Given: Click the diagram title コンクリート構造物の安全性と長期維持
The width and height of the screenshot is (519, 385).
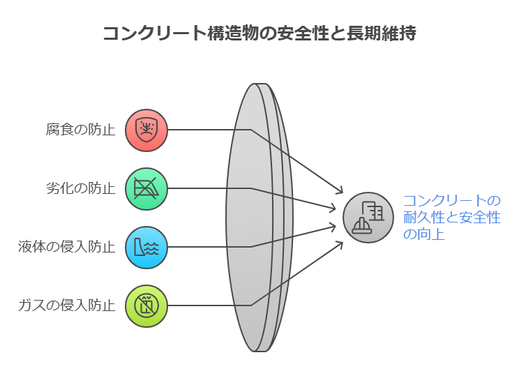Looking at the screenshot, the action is point(259,33).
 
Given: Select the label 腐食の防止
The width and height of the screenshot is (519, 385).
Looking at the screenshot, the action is point(80,130).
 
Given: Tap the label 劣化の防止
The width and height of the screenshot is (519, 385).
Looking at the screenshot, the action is point(80,188).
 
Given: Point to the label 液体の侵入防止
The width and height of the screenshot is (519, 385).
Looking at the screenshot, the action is point(66,247).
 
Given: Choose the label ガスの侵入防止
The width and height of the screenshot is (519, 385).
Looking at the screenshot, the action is point(66,305).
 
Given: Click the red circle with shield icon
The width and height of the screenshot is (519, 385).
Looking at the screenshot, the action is point(146,130).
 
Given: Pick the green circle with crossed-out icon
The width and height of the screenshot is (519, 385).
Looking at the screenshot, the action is point(146,189).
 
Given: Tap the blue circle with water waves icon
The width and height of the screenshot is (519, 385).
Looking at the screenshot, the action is point(146,248).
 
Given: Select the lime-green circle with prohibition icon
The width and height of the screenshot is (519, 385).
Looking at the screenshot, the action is point(146,306).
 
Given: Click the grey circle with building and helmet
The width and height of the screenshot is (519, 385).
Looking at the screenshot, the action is point(368,218).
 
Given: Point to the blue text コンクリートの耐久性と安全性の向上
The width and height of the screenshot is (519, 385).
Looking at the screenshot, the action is point(452,218).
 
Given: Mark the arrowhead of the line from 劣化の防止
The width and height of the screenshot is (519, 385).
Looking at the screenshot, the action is point(333,209).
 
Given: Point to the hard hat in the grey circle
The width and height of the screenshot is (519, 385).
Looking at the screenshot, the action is point(361,226).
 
